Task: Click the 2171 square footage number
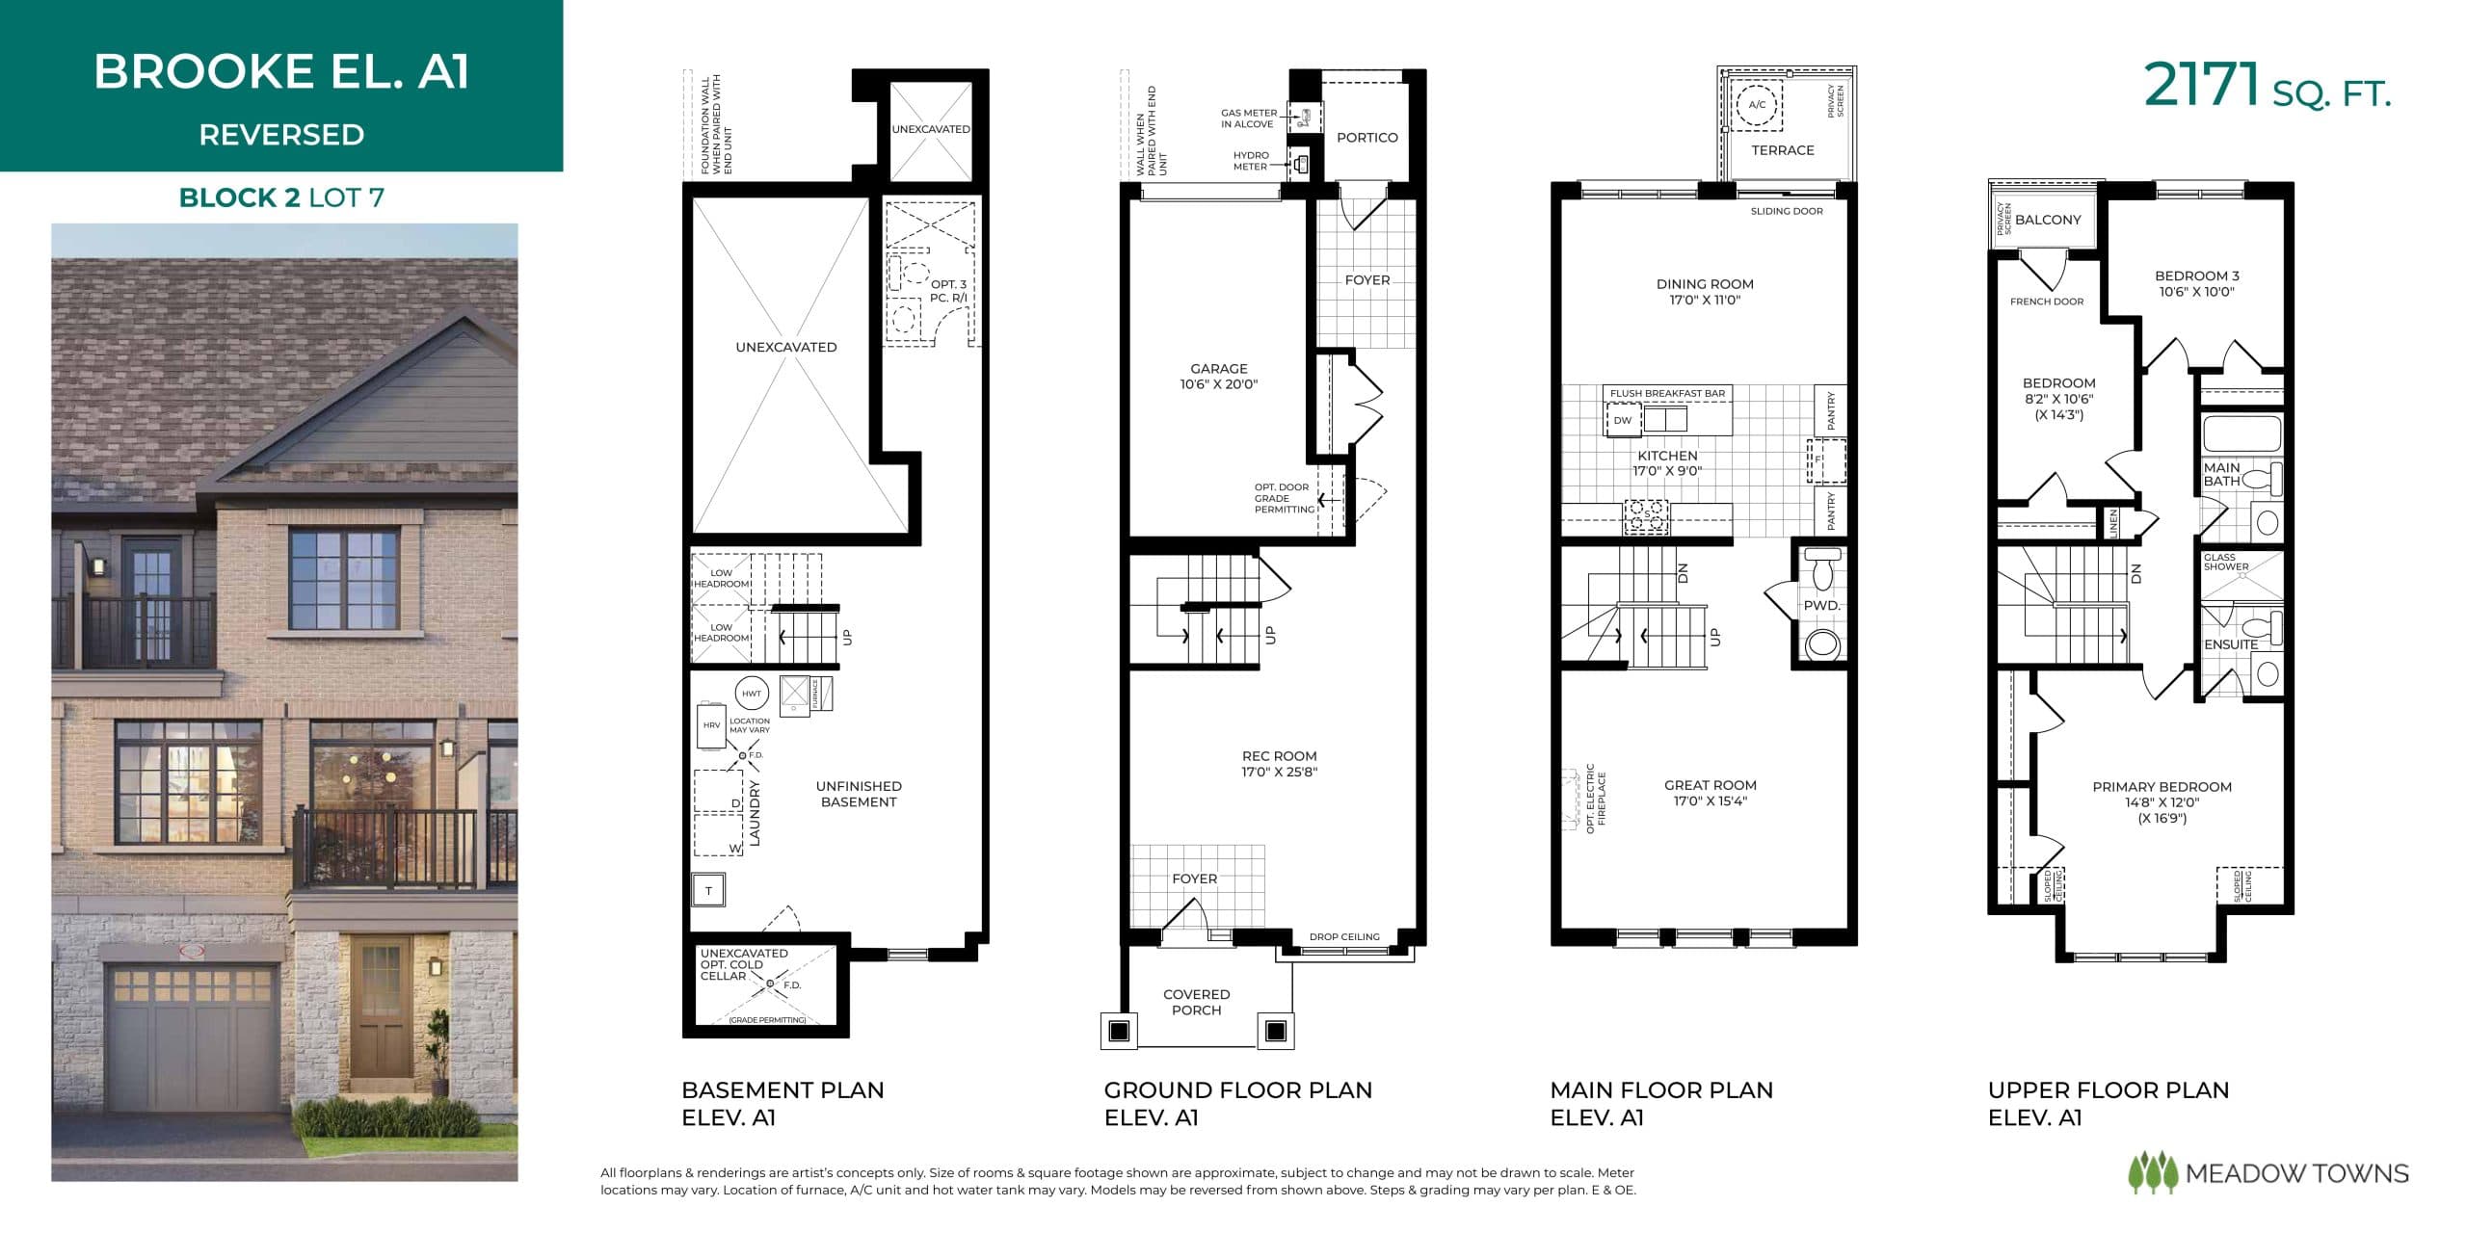click(2201, 87)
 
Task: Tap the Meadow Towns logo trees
click(2152, 1173)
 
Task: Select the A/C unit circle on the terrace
click(1757, 105)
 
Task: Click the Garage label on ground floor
click(1218, 369)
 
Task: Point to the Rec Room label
click(1279, 756)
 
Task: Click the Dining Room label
click(1704, 284)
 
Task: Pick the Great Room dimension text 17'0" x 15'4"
click(1710, 801)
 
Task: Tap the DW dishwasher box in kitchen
click(1623, 420)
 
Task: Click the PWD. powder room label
click(1821, 606)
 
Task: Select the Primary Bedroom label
click(2162, 787)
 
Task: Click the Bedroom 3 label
click(2196, 275)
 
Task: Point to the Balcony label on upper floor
click(2048, 220)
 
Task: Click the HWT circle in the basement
click(752, 694)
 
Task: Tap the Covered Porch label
click(1196, 1002)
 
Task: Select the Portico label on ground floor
click(1366, 138)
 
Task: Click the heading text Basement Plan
click(783, 1090)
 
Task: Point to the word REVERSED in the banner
click(281, 135)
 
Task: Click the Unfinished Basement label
click(858, 794)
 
